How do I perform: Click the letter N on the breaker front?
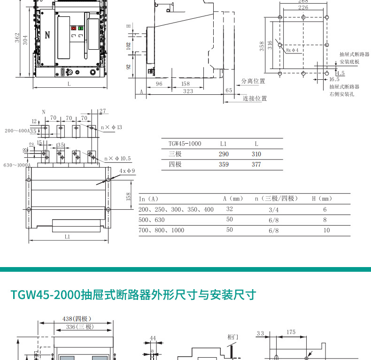click(47, 36)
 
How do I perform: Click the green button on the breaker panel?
click(80, 29)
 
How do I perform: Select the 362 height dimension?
click(17, 38)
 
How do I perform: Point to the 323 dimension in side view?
click(188, 91)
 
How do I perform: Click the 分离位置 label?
click(253, 81)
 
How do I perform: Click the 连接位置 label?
click(255, 99)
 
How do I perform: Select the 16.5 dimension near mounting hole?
click(334, 79)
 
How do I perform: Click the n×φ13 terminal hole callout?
click(112, 127)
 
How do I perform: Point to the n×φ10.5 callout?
click(117, 159)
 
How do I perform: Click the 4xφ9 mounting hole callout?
click(127, 171)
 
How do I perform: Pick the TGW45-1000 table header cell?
click(185, 144)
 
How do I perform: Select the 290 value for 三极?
click(224, 154)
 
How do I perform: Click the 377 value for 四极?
click(256, 164)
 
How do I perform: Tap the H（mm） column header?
click(322, 199)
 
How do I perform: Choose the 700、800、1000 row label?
click(162, 230)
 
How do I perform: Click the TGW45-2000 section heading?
click(132, 295)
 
